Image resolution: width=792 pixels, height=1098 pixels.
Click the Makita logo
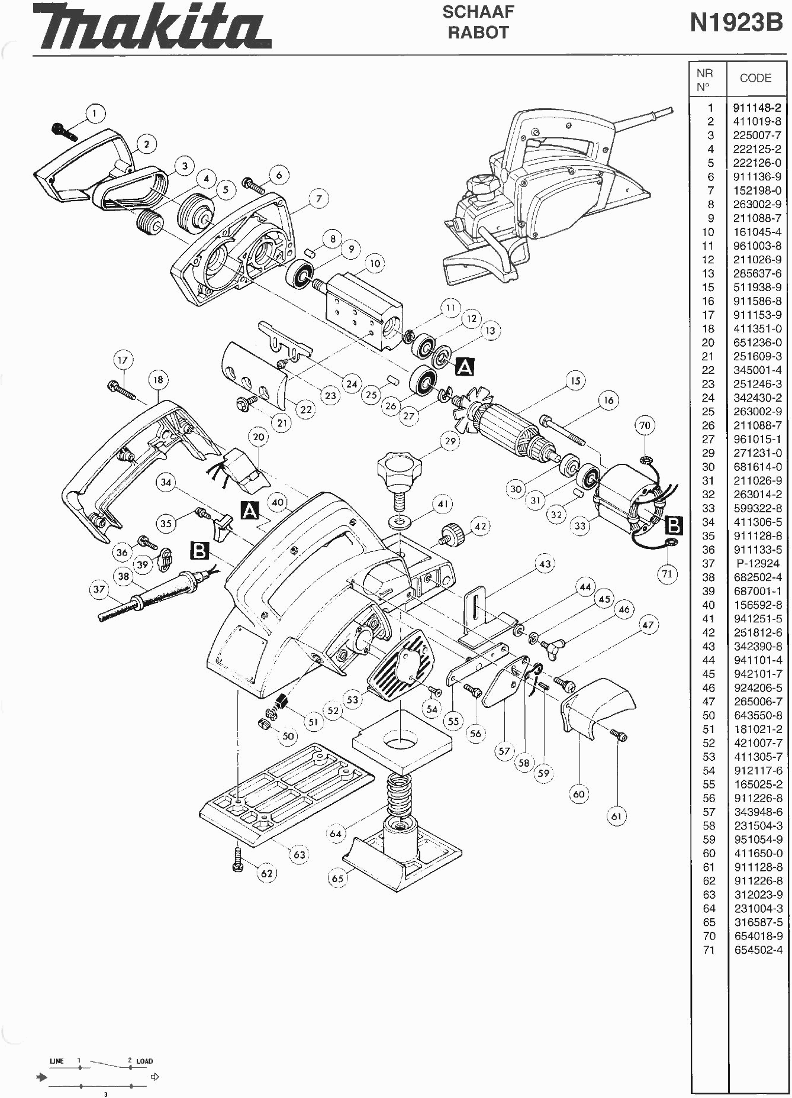point(152,28)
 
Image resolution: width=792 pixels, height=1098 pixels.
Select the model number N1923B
point(736,23)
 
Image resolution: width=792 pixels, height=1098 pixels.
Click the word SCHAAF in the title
point(478,11)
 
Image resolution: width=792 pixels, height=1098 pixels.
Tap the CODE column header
point(755,78)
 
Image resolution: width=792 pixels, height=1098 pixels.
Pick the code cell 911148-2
point(757,108)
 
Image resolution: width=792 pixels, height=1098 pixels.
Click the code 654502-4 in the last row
point(758,950)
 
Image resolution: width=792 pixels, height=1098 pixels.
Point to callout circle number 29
point(451,441)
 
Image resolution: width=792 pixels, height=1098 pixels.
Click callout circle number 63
point(300,854)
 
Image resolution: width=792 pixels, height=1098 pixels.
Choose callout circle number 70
point(645,425)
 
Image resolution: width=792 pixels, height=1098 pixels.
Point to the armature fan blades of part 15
point(469,403)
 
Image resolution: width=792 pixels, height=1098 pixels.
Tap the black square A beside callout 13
point(465,367)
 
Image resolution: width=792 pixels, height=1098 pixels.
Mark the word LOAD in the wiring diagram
point(144,1061)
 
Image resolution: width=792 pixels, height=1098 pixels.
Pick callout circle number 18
point(158,380)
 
